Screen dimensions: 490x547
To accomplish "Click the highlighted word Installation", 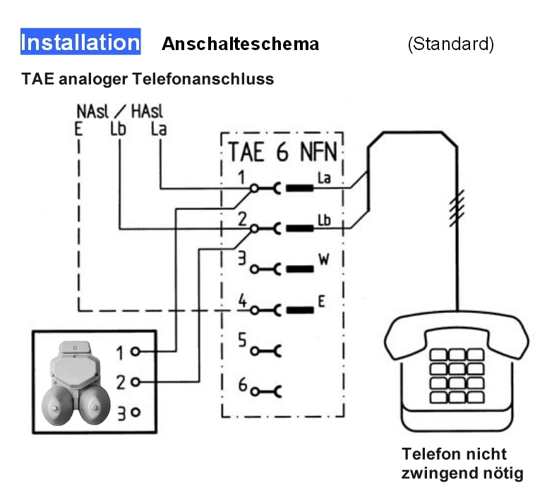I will (80, 42).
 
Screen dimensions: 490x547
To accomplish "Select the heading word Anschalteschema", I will (240, 44).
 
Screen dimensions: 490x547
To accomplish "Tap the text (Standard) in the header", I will (450, 44).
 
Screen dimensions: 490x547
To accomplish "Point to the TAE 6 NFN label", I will (282, 153).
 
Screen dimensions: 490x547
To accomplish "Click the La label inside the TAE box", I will (324, 180).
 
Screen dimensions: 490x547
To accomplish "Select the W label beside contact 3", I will (324, 259).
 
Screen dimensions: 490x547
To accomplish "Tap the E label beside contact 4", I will (321, 302).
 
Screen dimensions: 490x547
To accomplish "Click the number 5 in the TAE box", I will (241, 341).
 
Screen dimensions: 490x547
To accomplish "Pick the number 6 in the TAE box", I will (241, 384).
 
